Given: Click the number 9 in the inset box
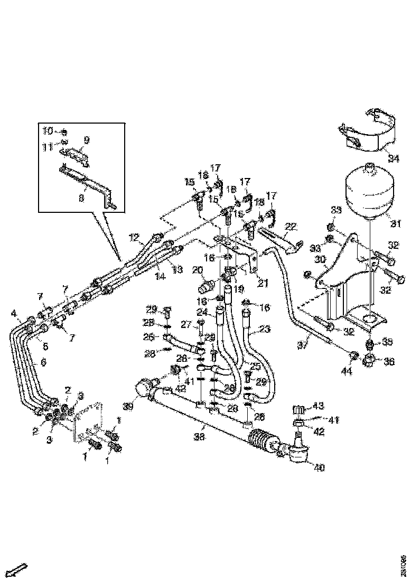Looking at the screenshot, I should pyautogui.click(x=86, y=140).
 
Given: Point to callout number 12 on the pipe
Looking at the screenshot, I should pyautogui.click(x=134, y=237).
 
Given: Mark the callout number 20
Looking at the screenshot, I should pyautogui.click(x=197, y=270).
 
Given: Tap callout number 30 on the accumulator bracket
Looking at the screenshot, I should pyautogui.click(x=321, y=259).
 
